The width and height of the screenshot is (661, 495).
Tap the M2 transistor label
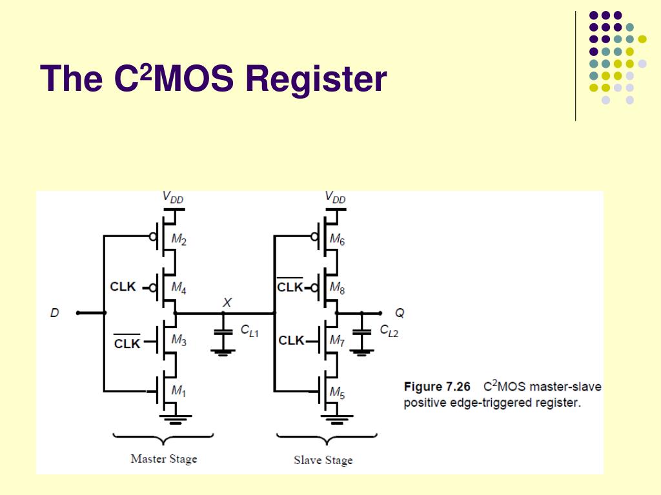click(179, 240)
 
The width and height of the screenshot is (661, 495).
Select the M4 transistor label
click(179, 287)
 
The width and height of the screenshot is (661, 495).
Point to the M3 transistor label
click(179, 340)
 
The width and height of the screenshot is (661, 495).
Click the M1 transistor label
click(179, 391)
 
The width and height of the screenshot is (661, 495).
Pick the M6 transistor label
click(337, 240)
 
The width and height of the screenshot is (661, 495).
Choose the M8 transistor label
click(337, 288)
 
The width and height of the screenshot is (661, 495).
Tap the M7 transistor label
click(337, 340)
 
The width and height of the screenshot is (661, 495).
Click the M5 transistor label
click(337, 393)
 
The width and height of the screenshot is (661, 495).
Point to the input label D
click(55, 313)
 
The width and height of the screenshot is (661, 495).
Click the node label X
click(227, 302)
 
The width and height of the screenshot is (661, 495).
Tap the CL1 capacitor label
click(249, 331)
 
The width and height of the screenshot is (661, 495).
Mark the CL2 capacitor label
click(389, 331)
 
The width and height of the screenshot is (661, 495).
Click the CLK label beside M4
click(123, 287)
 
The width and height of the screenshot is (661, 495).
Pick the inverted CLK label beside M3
click(127, 342)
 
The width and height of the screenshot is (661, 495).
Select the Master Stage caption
click(164, 459)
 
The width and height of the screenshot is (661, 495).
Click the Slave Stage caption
click(323, 460)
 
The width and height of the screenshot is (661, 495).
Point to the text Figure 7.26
click(437, 387)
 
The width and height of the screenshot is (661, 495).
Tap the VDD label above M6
click(336, 197)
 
